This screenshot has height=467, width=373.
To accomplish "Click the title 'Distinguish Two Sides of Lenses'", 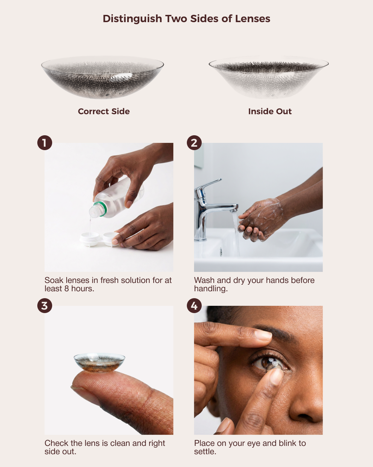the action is click(186, 19).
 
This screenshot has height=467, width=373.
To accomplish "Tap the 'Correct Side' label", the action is click(104, 111).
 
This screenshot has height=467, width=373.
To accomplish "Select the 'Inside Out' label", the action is click(270, 111).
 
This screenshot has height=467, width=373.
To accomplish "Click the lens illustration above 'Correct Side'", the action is click(103, 77).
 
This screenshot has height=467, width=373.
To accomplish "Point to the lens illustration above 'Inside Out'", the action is click(269, 77).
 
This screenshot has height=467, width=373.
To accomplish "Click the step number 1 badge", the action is click(45, 143).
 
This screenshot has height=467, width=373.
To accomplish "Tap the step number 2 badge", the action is click(194, 143).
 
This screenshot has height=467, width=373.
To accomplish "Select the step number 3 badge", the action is click(45, 305).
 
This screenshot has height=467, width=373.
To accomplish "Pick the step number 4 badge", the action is click(194, 305).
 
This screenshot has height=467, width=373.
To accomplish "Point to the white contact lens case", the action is click(99, 239).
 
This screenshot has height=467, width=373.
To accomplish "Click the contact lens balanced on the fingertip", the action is click(99, 363).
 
